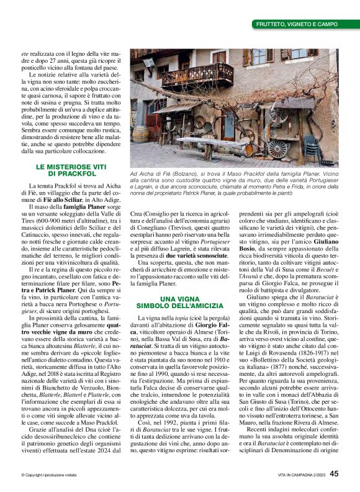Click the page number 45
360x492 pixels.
pyautogui.click(x=334, y=473)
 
